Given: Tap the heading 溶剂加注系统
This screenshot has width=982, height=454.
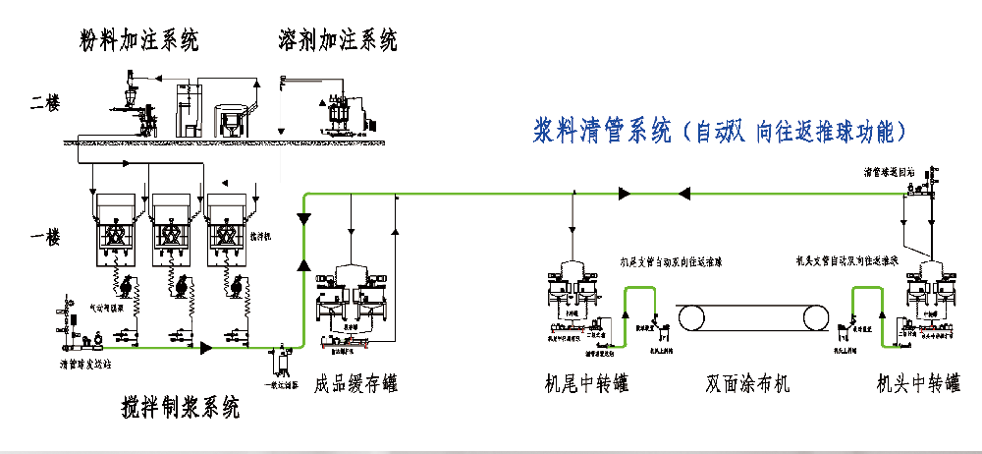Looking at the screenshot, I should [339, 40].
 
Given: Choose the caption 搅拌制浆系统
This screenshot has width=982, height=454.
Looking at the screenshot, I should [180, 406].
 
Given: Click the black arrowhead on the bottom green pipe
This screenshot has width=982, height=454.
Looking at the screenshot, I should [206, 347].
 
